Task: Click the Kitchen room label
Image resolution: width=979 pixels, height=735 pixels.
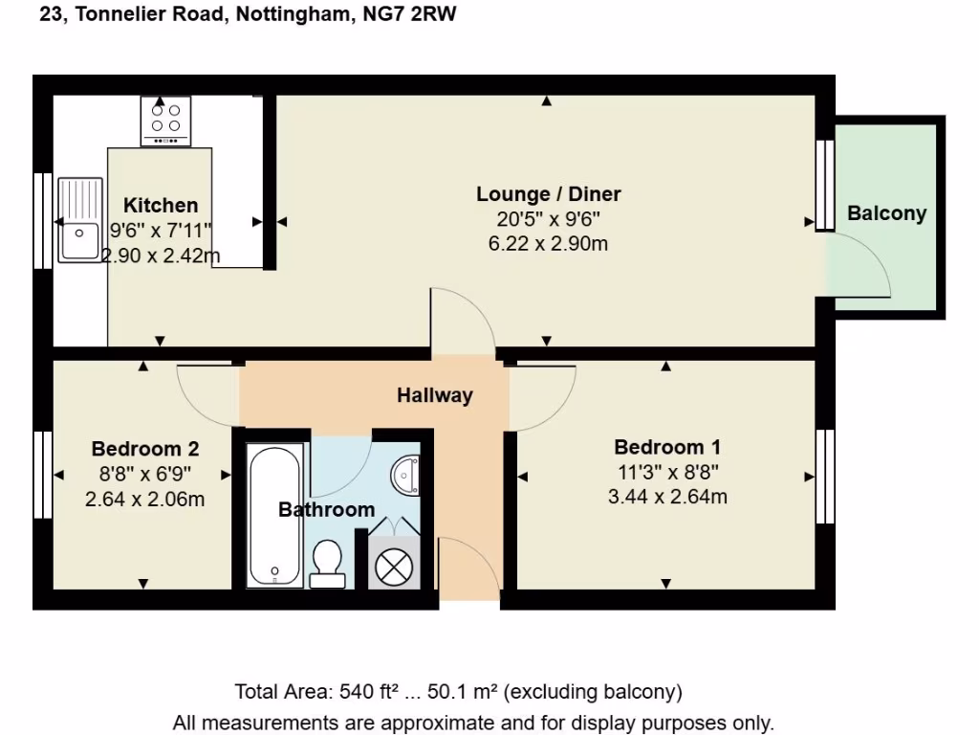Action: click(x=161, y=205)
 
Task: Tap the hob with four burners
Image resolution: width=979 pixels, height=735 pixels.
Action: click(x=165, y=120)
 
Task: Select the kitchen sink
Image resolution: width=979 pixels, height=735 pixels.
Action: click(x=79, y=220)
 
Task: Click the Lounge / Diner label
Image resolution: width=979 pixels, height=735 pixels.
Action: click(x=548, y=194)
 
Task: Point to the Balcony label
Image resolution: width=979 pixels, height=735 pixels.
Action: click(x=886, y=212)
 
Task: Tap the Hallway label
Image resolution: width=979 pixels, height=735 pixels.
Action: click(x=435, y=394)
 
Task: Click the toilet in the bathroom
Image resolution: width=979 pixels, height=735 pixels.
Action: click(x=328, y=563)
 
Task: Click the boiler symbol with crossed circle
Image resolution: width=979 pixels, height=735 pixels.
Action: click(x=393, y=568)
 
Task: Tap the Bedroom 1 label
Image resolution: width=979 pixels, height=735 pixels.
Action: click(x=666, y=447)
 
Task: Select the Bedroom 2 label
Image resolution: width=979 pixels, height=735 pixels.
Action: click(x=144, y=448)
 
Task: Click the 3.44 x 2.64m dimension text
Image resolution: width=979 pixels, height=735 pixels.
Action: click(x=666, y=497)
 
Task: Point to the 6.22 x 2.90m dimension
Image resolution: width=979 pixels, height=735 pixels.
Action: click(x=548, y=243)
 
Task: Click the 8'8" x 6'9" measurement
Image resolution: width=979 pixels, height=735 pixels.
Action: click(x=144, y=473)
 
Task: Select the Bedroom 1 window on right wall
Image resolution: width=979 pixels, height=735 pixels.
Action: click(x=824, y=476)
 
